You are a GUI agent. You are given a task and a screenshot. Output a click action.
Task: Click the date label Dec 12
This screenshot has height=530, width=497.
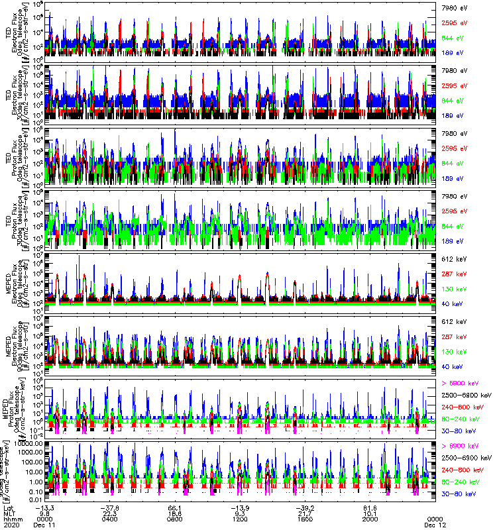coord(435,525)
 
